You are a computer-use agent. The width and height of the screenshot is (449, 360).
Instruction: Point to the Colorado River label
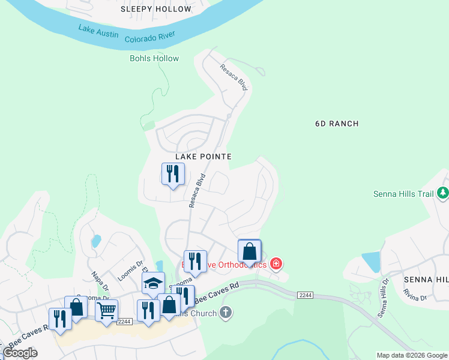149,37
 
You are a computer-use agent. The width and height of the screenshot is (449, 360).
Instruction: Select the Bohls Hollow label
154,58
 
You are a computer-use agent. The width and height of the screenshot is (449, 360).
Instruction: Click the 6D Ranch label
337,124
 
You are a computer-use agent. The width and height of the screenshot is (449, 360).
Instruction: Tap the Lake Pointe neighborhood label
203,156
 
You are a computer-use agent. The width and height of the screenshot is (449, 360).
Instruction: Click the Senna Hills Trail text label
403,193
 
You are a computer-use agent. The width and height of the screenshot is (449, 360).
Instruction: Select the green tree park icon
443,193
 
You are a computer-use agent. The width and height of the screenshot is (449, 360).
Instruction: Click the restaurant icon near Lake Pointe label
173,175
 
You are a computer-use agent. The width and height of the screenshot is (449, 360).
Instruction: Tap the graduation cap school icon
153,283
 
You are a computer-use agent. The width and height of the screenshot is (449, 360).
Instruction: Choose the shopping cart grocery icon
106,311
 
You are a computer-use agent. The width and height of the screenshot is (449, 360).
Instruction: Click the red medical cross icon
276,263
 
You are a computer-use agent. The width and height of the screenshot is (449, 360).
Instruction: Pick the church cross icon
225,312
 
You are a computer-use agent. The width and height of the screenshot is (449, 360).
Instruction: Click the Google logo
20,353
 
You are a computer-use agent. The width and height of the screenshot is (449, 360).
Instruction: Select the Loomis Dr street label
131,263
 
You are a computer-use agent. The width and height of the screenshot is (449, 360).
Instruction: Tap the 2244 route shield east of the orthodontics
305,294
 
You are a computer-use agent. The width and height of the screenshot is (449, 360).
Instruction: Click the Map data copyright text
411,355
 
